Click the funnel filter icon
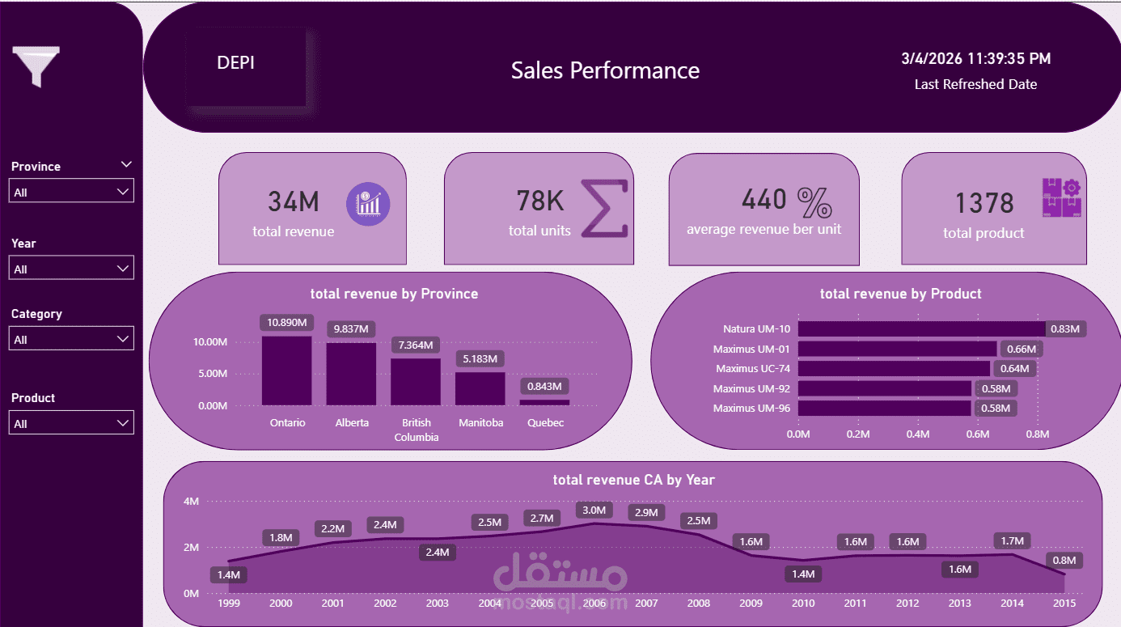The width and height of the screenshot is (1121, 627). (x=36, y=66)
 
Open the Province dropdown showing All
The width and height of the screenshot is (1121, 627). (x=71, y=192)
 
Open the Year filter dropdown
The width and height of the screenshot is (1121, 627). (x=71, y=269)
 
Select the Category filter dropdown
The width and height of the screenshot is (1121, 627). (x=71, y=339)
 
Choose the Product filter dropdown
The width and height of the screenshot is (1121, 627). (x=71, y=423)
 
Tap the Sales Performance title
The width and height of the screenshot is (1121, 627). (x=605, y=70)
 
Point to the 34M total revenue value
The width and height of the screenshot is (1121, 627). (x=293, y=201)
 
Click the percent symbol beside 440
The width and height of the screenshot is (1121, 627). (x=814, y=202)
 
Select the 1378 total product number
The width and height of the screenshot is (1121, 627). (x=984, y=203)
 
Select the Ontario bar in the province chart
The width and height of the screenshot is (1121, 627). (x=286, y=371)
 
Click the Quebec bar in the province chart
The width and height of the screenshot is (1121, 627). (x=544, y=402)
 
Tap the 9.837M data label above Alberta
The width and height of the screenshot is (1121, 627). (x=351, y=329)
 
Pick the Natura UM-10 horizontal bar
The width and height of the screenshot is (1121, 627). (x=921, y=329)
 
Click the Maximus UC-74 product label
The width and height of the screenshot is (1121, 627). (x=751, y=368)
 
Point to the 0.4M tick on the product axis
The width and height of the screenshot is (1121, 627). (x=918, y=434)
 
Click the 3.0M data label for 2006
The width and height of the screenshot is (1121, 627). (x=594, y=510)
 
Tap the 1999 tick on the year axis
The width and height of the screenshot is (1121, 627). (x=229, y=603)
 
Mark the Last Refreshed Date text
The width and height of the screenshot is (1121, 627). (x=975, y=84)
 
